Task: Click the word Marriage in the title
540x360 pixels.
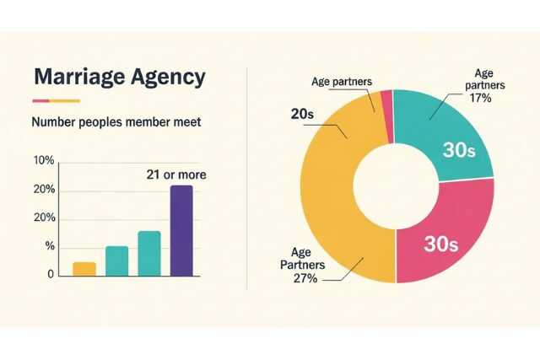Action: (x=73, y=77)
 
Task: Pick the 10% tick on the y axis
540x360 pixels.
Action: (x=44, y=161)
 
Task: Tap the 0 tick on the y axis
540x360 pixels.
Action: (x=50, y=274)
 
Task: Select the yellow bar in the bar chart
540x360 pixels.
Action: (x=84, y=269)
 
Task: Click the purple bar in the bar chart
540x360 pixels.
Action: (x=181, y=230)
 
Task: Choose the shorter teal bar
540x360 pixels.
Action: (x=117, y=261)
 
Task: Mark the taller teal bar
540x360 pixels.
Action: (x=149, y=253)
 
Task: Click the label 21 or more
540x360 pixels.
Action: (x=175, y=175)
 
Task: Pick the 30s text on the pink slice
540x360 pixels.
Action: (x=439, y=244)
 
